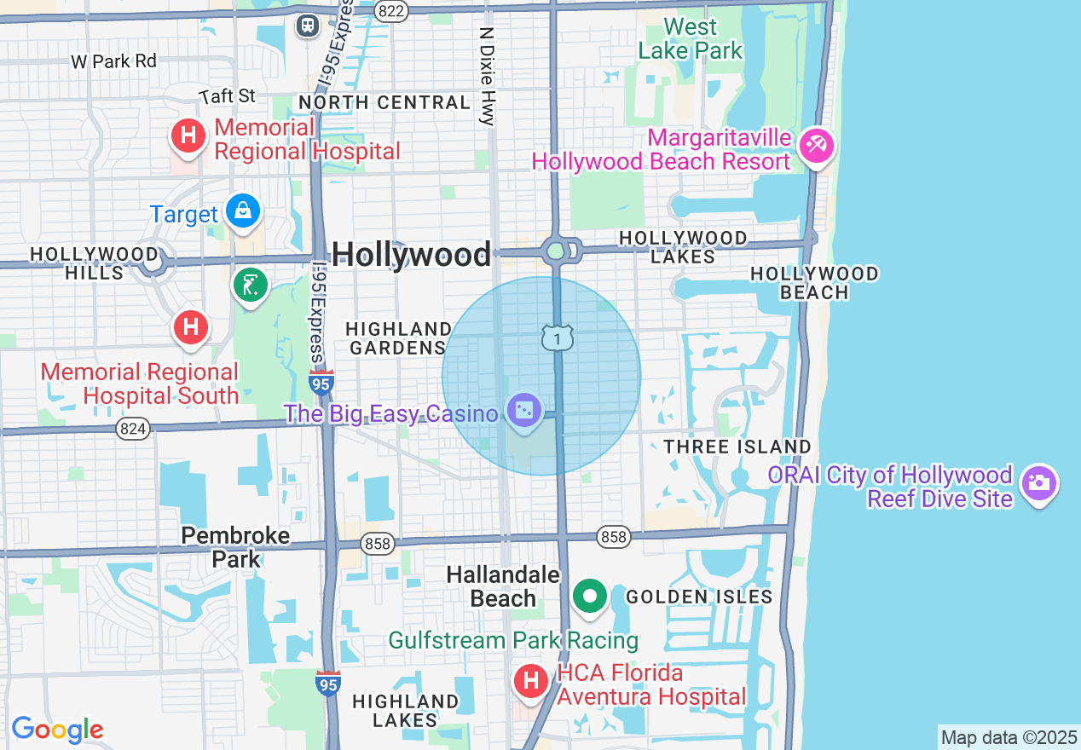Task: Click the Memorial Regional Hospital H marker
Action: (x=188, y=136)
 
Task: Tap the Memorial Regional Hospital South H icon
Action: (x=191, y=326)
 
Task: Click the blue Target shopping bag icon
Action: (x=243, y=210)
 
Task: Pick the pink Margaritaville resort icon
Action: (x=816, y=145)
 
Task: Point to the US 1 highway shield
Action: (x=557, y=338)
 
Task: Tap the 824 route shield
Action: (x=133, y=429)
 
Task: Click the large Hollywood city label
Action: (x=411, y=254)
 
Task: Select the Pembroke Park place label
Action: (x=236, y=547)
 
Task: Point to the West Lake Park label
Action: (x=690, y=38)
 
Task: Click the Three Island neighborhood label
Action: (x=737, y=447)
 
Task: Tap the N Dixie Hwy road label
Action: (x=487, y=76)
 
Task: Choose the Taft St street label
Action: (x=228, y=95)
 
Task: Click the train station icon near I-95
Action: (x=307, y=26)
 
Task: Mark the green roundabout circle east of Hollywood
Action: (x=556, y=251)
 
